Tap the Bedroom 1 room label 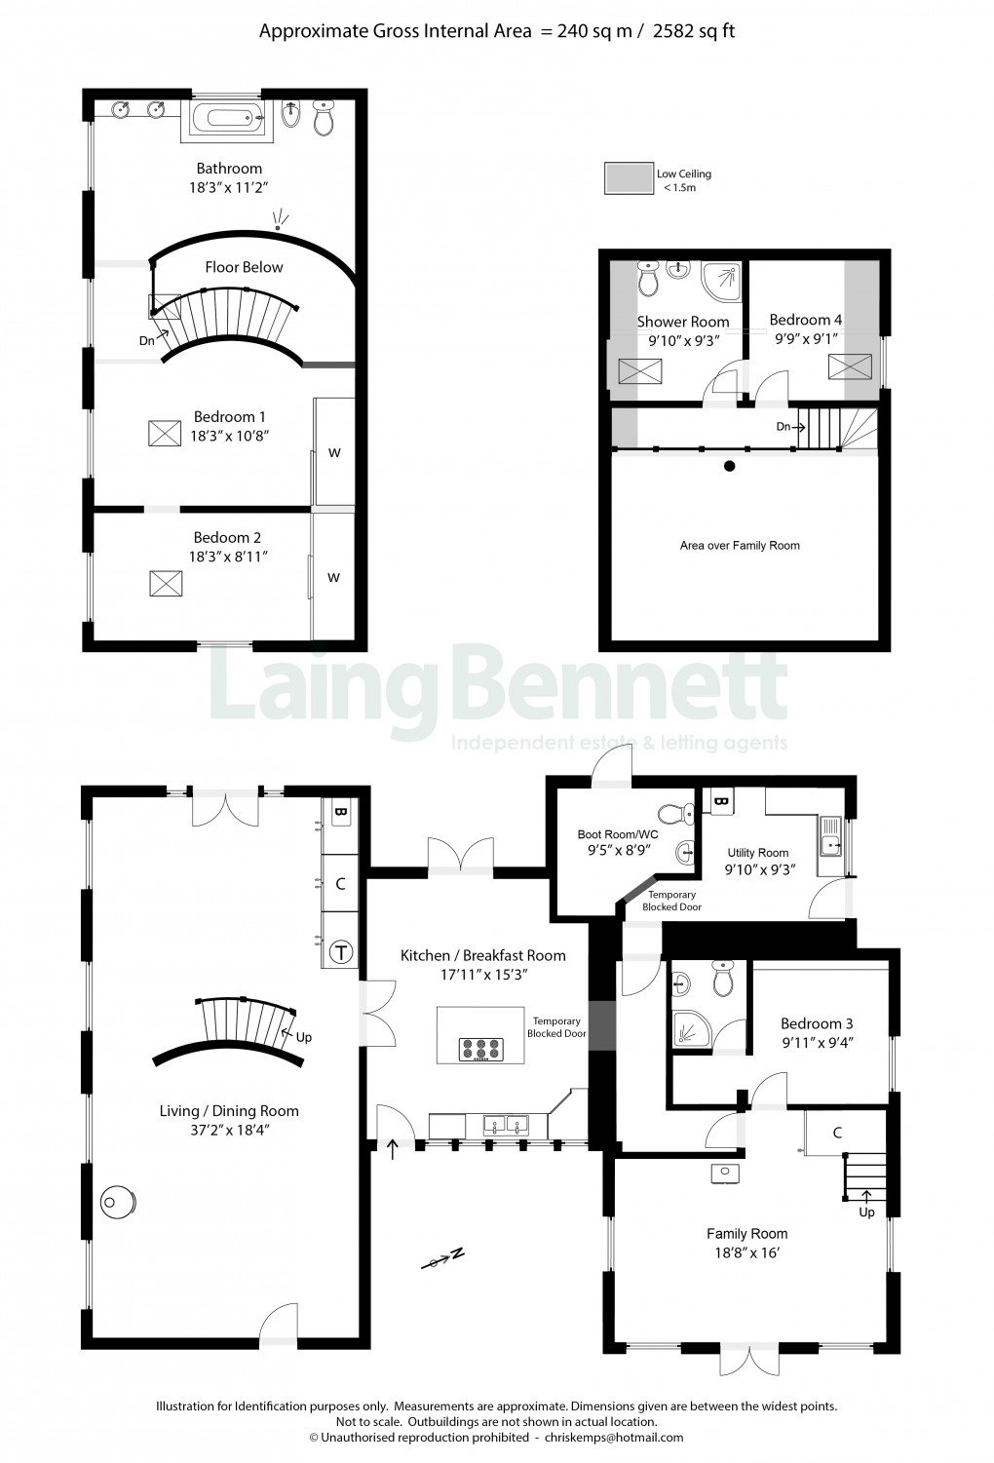229,416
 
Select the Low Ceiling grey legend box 628,178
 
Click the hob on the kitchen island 480,1049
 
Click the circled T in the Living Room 341,952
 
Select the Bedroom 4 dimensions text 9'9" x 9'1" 806,338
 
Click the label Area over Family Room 740,546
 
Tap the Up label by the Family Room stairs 866,1213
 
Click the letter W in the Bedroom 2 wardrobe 333,578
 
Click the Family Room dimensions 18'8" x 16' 746,1252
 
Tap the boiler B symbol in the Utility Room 721,801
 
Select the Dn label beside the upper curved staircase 146,340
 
